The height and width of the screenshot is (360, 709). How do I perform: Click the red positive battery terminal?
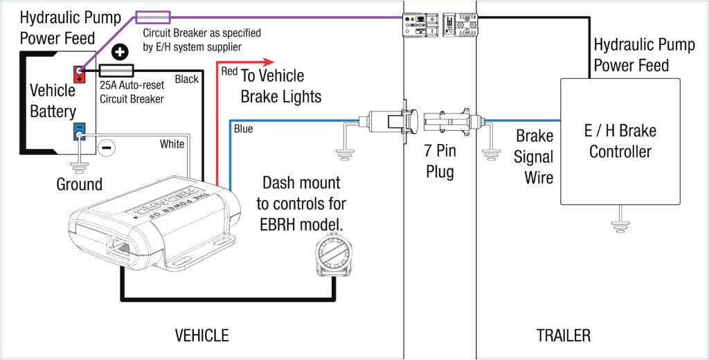click(79, 73)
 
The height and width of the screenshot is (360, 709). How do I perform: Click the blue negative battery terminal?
click(79, 130)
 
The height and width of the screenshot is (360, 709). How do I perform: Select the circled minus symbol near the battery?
click(106, 147)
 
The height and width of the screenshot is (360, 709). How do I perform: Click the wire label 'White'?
click(172, 144)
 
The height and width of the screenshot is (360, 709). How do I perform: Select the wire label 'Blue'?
click(243, 129)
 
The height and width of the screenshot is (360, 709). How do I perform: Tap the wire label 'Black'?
click(187, 79)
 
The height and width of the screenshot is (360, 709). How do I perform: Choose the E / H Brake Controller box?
click(620, 141)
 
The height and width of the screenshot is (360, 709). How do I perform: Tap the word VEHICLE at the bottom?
click(201, 336)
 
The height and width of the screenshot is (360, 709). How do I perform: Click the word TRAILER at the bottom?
click(564, 336)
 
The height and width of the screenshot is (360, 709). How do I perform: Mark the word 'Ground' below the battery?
click(79, 184)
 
